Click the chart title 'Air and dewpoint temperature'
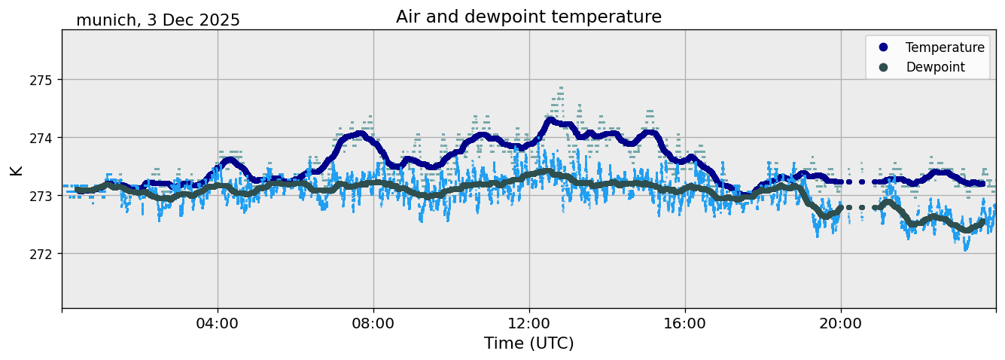[528, 17]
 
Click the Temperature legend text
[945, 47]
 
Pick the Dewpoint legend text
[935, 67]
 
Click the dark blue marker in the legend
[883, 47]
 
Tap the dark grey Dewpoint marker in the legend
[883, 67]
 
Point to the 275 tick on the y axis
[44, 80]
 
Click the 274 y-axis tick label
[44, 138]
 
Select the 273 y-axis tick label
[44, 196]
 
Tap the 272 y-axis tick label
[44, 254]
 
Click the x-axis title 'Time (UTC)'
[528, 343]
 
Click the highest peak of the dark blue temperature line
[550, 120]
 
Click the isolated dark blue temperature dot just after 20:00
[849, 182]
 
